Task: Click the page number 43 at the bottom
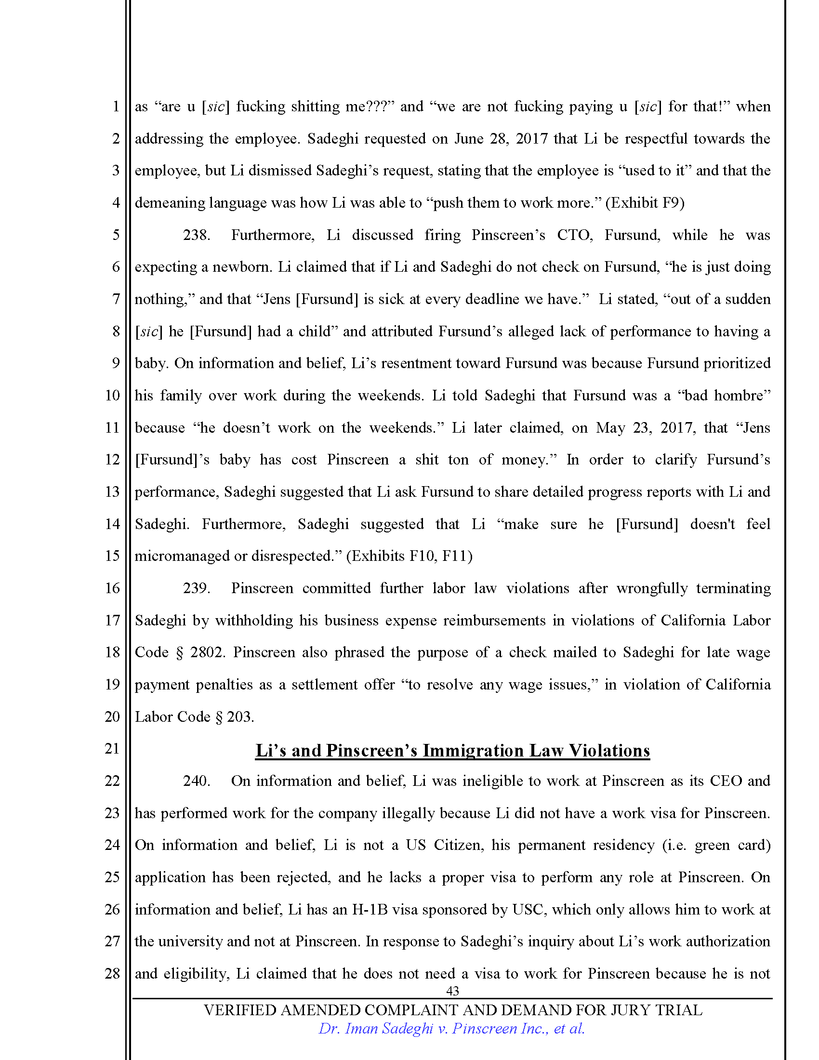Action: click(x=452, y=991)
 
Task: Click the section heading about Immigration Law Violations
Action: click(x=452, y=750)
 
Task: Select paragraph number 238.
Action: click(x=196, y=235)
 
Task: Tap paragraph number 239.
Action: click(x=196, y=588)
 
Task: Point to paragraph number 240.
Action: click(x=196, y=781)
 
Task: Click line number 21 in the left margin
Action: click(x=112, y=748)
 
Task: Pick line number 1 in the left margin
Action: click(x=116, y=106)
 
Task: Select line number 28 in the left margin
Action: click(x=112, y=973)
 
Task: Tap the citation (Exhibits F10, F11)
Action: click(x=409, y=556)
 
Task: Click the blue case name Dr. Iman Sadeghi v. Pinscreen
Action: click(x=451, y=1029)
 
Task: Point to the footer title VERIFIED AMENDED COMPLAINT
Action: click(x=452, y=1010)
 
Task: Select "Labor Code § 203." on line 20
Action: click(x=195, y=717)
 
